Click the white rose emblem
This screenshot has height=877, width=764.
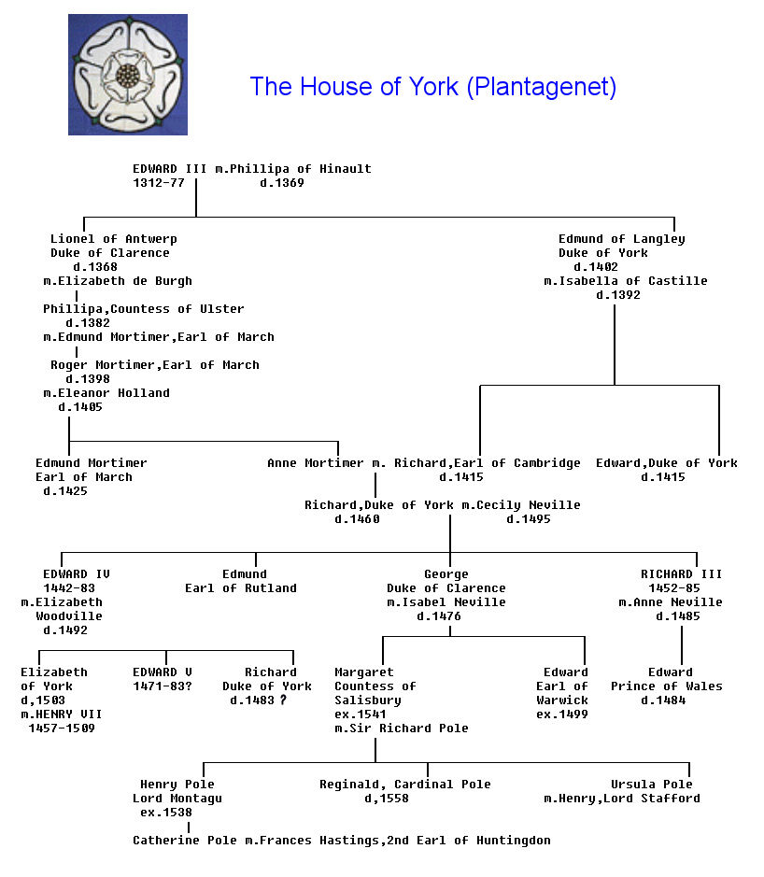127,74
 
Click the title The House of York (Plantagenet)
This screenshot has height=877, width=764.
432,87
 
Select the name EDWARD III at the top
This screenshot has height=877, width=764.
169,169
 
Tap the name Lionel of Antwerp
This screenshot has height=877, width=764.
113,239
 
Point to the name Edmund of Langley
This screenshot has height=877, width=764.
621,239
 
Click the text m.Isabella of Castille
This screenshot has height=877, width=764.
625,281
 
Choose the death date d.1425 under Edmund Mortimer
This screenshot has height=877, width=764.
64,491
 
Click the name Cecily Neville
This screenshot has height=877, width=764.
528,505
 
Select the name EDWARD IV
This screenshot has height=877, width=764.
76,574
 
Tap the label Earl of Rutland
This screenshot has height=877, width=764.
240,588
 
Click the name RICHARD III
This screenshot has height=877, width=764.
681,574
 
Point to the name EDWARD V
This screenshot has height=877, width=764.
162,672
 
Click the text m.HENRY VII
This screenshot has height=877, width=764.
61,714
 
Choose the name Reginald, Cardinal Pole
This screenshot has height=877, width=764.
404,785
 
